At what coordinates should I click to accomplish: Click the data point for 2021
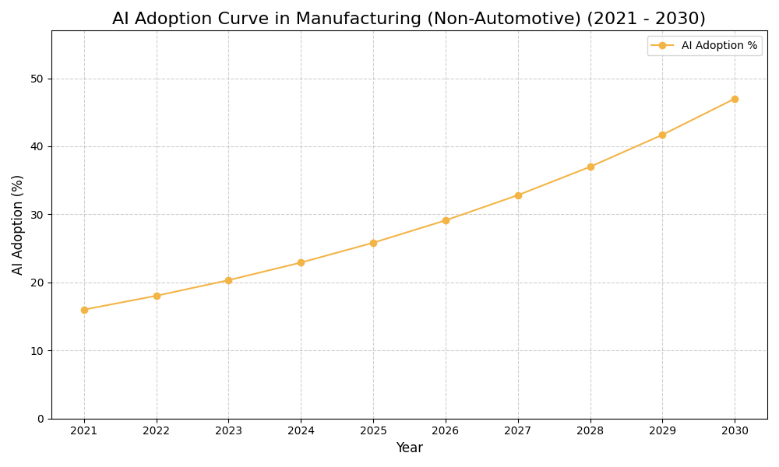(x=84, y=310)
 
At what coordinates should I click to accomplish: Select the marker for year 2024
(x=301, y=262)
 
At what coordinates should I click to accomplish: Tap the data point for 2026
(x=446, y=220)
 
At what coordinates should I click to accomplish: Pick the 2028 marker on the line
(x=590, y=167)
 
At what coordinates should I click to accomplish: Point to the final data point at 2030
(x=735, y=99)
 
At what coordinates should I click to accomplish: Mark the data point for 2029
(x=662, y=135)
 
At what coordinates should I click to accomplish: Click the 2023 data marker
(x=228, y=280)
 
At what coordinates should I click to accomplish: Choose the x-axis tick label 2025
(x=373, y=430)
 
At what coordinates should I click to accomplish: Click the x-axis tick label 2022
(x=157, y=430)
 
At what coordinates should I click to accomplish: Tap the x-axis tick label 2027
(x=518, y=430)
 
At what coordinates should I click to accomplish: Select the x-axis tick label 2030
(x=735, y=430)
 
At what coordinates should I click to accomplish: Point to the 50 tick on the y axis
(x=37, y=79)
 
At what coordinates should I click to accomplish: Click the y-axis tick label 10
(x=37, y=351)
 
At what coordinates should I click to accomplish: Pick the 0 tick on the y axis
(x=41, y=419)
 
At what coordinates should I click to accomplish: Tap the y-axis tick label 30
(x=37, y=215)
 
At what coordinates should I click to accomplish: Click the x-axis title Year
(x=409, y=448)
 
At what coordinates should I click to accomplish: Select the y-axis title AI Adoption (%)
(x=18, y=224)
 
